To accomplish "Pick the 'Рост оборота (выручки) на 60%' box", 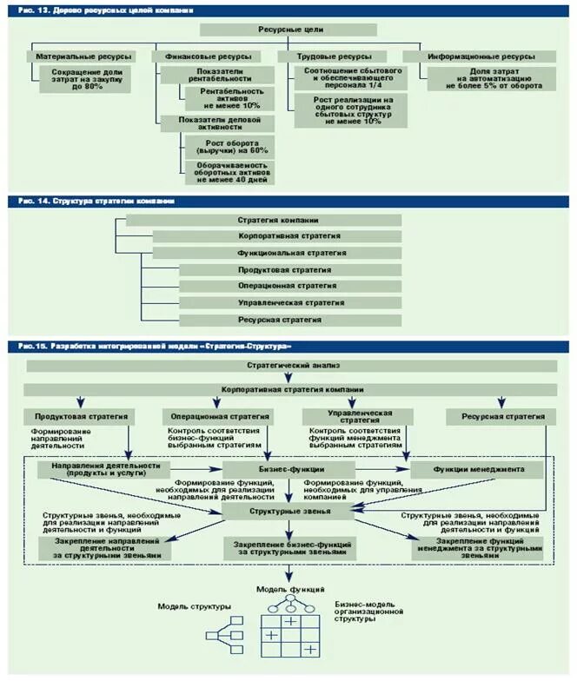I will [x=230, y=144].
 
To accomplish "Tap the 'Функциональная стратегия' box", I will [x=276, y=253].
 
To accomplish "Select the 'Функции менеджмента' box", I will [x=479, y=469].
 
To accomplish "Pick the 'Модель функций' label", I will [x=286, y=589].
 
